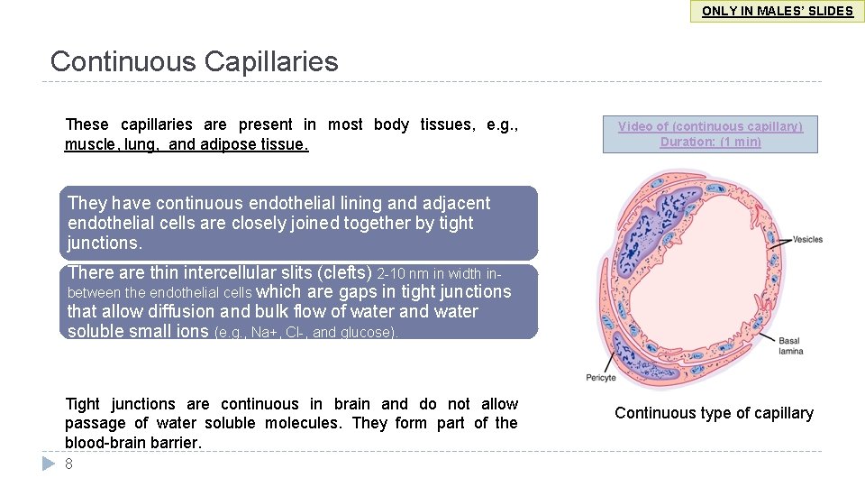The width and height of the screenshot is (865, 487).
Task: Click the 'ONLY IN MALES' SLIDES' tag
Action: click(x=777, y=11)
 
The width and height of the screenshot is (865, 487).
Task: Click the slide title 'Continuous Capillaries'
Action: click(x=195, y=61)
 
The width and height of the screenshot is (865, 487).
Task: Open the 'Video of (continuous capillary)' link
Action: click(x=710, y=126)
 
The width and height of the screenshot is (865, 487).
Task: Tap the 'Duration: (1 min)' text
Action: click(x=710, y=142)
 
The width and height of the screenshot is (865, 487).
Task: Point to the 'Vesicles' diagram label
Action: click(x=807, y=239)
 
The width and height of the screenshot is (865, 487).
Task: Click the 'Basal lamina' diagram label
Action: click(x=789, y=346)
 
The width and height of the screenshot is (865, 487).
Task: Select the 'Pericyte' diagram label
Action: click(x=601, y=377)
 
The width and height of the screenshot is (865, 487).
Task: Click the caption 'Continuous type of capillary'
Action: click(x=714, y=413)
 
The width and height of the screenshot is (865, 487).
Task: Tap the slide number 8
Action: click(x=68, y=464)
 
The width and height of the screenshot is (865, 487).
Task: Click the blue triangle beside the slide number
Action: click(x=49, y=464)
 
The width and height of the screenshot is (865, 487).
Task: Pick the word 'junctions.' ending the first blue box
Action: click(x=105, y=243)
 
